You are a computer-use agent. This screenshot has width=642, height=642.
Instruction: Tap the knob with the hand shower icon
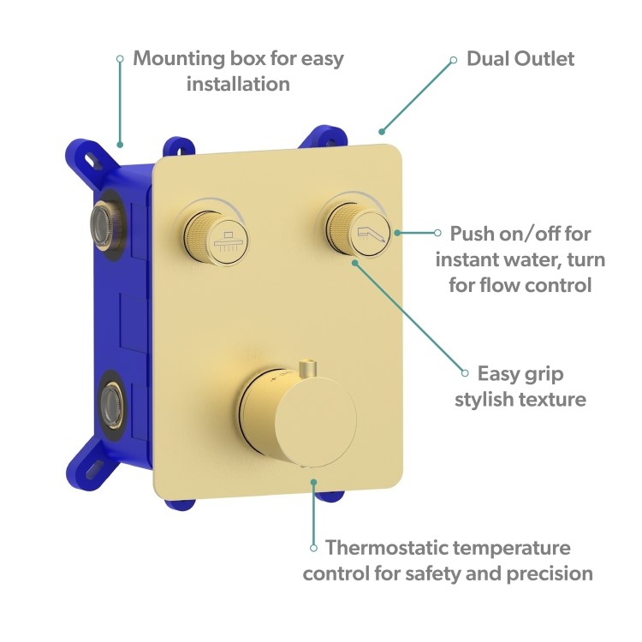(x=359, y=229)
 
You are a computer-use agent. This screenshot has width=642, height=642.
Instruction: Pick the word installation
(x=238, y=84)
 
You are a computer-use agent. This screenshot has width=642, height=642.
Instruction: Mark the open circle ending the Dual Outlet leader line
(x=454, y=60)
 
